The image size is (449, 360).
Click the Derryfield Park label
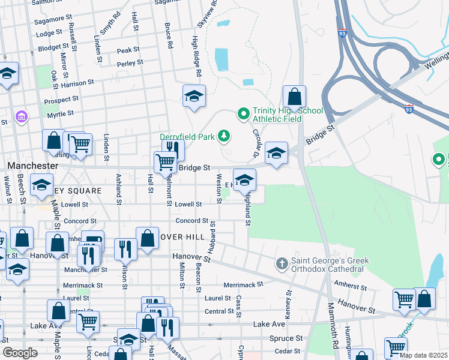[x=187, y=137]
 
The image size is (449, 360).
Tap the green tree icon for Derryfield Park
[x=224, y=136]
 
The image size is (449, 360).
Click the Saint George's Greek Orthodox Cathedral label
[x=330, y=265]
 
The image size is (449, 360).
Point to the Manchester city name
[x=33, y=165]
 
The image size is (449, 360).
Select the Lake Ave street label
[x=269, y=324]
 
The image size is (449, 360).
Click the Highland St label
[x=247, y=207]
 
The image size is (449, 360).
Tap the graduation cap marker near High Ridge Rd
[x=194, y=96]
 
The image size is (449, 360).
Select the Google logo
[x=21, y=353]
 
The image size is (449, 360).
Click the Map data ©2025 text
[x=423, y=355]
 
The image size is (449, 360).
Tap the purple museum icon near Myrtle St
[x=22, y=115]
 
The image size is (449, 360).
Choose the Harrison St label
[x=77, y=83]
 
